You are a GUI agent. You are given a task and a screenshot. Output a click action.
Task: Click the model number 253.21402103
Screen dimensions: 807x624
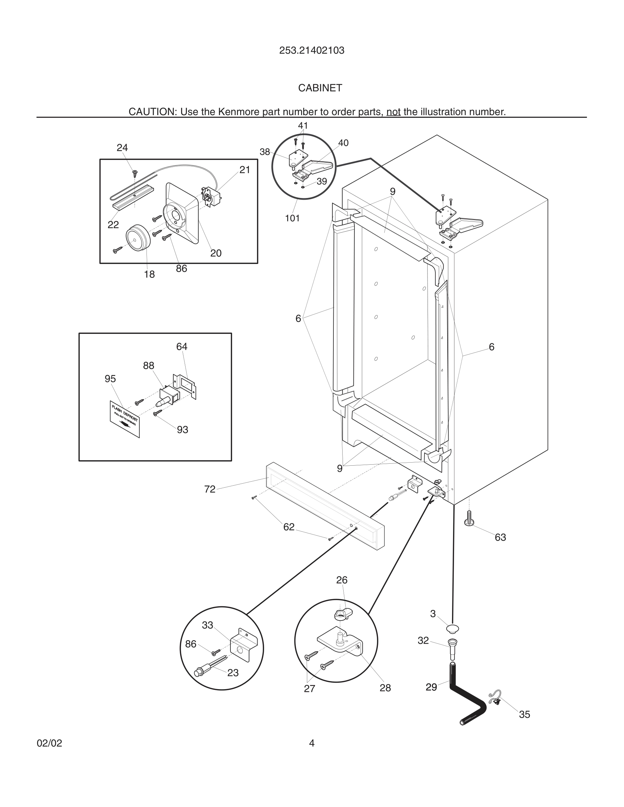pyautogui.click(x=312, y=51)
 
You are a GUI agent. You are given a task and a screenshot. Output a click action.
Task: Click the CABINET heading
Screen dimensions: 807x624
pyautogui.click(x=320, y=88)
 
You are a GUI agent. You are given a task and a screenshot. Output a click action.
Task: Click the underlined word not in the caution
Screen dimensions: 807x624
pyautogui.click(x=393, y=112)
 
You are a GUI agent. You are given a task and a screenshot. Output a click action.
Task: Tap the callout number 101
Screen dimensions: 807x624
pyautogui.click(x=292, y=218)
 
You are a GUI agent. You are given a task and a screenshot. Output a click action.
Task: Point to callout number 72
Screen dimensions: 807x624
pyautogui.click(x=210, y=489)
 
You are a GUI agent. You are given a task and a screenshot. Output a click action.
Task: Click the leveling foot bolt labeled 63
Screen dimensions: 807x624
pyautogui.click(x=469, y=518)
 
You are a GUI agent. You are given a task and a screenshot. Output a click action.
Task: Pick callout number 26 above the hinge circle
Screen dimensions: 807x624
pyautogui.click(x=342, y=580)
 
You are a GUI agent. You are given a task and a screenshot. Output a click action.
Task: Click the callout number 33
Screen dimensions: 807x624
pyautogui.click(x=207, y=625)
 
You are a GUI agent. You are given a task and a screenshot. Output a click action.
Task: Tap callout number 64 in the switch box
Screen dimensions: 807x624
pyautogui.click(x=181, y=346)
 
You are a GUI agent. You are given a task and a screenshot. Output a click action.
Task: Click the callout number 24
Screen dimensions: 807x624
pyautogui.click(x=122, y=148)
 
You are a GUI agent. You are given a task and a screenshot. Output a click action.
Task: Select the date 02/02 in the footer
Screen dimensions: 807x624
pyautogui.click(x=49, y=743)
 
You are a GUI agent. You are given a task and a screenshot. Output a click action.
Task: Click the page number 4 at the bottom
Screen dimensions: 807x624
pyautogui.click(x=312, y=743)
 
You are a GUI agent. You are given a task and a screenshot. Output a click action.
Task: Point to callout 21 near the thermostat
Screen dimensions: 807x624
pyautogui.click(x=245, y=170)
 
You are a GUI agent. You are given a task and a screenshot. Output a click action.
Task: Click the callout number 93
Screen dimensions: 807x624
pyautogui.click(x=182, y=430)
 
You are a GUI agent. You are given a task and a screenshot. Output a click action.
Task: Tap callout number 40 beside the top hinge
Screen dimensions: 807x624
pyautogui.click(x=343, y=143)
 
